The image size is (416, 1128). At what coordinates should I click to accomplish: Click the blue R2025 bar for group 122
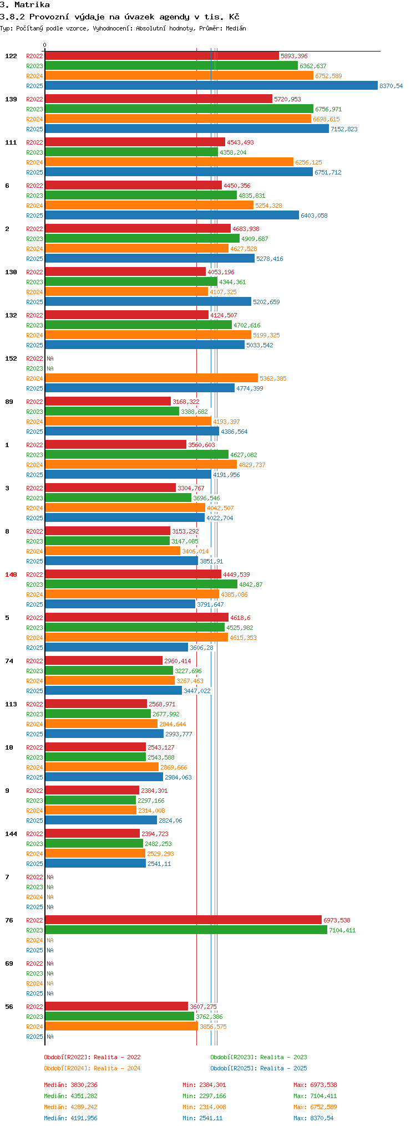(x=211, y=86)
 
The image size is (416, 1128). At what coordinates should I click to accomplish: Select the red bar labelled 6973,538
(x=183, y=920)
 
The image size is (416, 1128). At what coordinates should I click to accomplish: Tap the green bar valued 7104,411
(x=186, y=930)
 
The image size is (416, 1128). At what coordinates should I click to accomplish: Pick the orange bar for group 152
(x=151, y=378)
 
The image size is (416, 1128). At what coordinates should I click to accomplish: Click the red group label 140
(x=11, y=575)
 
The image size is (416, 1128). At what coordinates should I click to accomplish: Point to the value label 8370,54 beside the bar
(x=391, y=86)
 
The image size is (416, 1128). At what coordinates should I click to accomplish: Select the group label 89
(x=9, y=402)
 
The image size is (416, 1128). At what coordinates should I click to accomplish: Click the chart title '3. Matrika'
(x=25, y=5)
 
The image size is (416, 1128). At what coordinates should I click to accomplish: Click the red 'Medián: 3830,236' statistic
(x=73, y=1085)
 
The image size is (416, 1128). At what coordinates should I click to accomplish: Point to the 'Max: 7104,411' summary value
(x=315, y=1096)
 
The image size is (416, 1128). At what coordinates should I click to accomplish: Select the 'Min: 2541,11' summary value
(x=202, y=1118)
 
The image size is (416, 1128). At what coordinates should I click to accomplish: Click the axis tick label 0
(x=45, y=45)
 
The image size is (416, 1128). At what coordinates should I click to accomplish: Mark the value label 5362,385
(x=273, y=378)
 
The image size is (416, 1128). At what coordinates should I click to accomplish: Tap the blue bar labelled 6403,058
(x=172, y=216)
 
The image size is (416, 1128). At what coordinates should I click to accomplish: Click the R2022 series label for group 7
(x=34, y=877)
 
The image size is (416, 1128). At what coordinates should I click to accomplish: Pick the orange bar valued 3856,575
(x=121, y=1027)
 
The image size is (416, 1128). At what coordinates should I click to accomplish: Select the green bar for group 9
(x=90, y=801)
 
